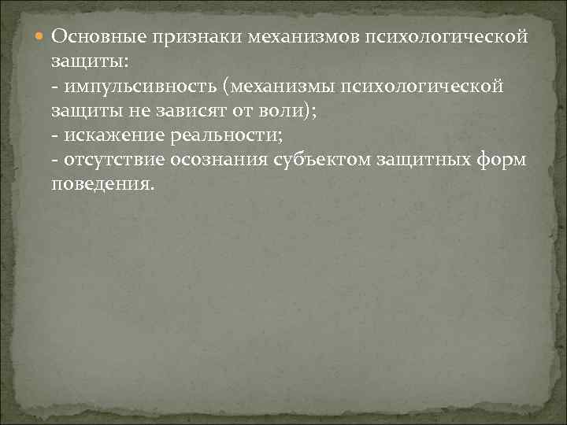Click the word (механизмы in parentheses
(282, 86)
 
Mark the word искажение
(109, 135)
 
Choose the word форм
(506, 160)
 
